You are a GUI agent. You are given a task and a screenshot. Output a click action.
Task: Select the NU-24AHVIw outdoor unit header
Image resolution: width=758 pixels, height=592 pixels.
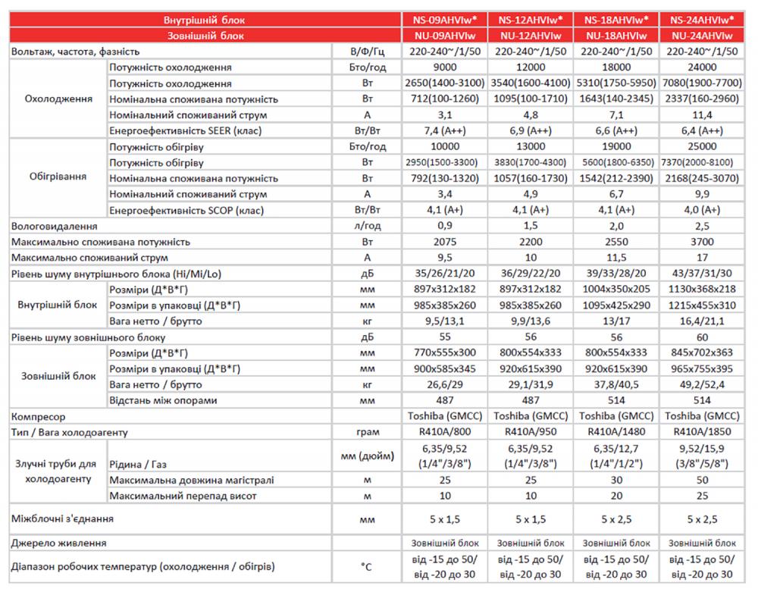click(702, 36)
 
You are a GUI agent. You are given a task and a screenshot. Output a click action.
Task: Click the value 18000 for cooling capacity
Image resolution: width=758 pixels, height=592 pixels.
click(615, 67)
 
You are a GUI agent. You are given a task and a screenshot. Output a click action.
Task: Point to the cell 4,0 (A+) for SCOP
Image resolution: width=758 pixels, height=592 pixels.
click(702, 210)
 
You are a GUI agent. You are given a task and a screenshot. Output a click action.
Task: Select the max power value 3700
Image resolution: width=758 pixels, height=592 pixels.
click(702, 242)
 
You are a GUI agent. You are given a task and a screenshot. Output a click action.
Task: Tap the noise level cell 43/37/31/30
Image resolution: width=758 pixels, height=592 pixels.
click(702, 273)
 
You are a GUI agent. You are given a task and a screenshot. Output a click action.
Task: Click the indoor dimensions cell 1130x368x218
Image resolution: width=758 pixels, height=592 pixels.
click(702, 289)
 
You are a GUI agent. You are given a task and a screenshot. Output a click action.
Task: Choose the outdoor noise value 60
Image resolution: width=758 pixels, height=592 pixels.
click(702, 337)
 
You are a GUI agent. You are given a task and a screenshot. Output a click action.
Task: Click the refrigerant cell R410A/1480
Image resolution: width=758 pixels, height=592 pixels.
click(615, 432)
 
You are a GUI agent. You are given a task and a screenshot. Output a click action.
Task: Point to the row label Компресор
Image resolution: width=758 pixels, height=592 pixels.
click(39, 416)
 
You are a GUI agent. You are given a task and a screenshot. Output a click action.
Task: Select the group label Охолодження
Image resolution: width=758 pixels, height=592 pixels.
click(58, 99)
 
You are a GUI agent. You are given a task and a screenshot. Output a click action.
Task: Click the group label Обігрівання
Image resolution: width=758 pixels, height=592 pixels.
click(58, 178)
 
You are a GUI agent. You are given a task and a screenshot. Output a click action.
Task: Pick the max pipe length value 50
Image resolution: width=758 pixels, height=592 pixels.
click(702, 480)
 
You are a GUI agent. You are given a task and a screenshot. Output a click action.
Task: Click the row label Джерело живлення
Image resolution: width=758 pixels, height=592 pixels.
click(58, 543)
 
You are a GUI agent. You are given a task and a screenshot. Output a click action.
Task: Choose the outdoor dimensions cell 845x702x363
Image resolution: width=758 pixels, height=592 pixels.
click(702, 352)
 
